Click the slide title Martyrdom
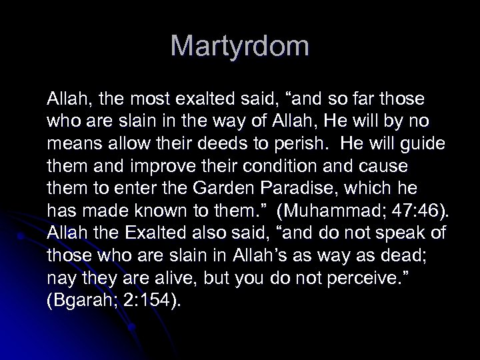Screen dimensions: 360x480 pos(240,47)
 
